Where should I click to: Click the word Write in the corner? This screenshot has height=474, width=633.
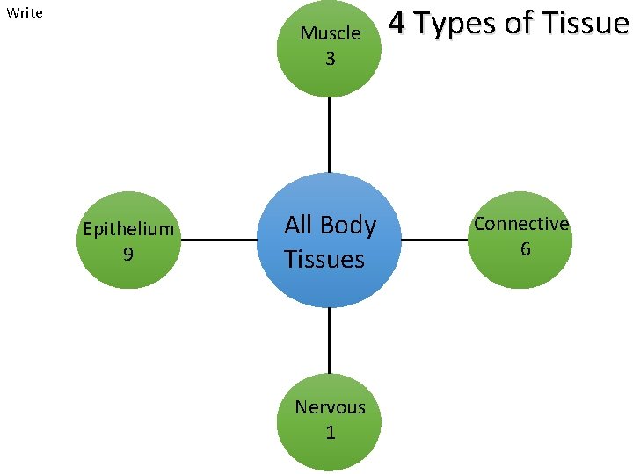coord(25,13)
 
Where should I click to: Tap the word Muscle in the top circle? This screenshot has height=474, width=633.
coord(330,33)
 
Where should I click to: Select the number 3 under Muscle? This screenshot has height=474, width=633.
coord(330,60)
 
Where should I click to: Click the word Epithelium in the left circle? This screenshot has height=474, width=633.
coord(128,229)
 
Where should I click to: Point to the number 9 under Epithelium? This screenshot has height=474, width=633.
coord(128,255)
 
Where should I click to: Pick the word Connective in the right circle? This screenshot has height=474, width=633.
coord(521,224)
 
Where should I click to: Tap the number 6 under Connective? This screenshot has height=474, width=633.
coord(525,249)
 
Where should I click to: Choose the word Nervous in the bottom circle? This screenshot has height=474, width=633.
coord(330,407)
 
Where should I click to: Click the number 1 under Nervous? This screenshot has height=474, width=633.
coord(330,433)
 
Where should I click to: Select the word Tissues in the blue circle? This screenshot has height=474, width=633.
coord(324,259)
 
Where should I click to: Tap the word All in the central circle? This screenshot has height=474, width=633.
coord(298,225)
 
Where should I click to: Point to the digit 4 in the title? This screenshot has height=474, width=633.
coord(397,23)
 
